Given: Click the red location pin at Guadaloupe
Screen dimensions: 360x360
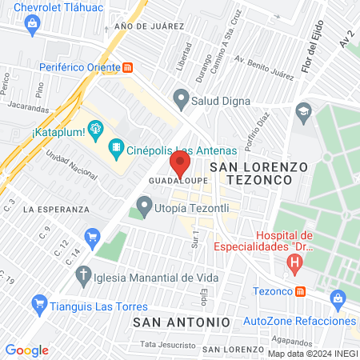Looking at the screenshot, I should [180, 166].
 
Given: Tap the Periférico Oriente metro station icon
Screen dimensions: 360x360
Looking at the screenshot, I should [127, 67].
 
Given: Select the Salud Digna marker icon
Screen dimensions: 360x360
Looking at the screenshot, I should [181, 101].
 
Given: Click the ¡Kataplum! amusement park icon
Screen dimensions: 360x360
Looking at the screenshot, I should [97, 127].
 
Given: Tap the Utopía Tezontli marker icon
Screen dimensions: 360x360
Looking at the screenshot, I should [144, 208].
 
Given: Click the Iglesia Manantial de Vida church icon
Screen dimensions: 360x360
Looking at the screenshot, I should [82, 278].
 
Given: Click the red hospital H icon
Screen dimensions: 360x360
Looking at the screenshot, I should [297, 261].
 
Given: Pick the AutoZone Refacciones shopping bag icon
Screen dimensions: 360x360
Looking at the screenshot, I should [338, 301].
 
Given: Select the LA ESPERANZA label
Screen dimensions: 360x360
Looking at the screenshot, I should [56, 209].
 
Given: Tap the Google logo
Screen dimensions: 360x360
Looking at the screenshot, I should [26, 350].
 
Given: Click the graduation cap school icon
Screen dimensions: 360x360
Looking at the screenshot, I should [303, 110].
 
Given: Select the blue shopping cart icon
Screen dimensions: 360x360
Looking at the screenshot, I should [93, 236].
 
